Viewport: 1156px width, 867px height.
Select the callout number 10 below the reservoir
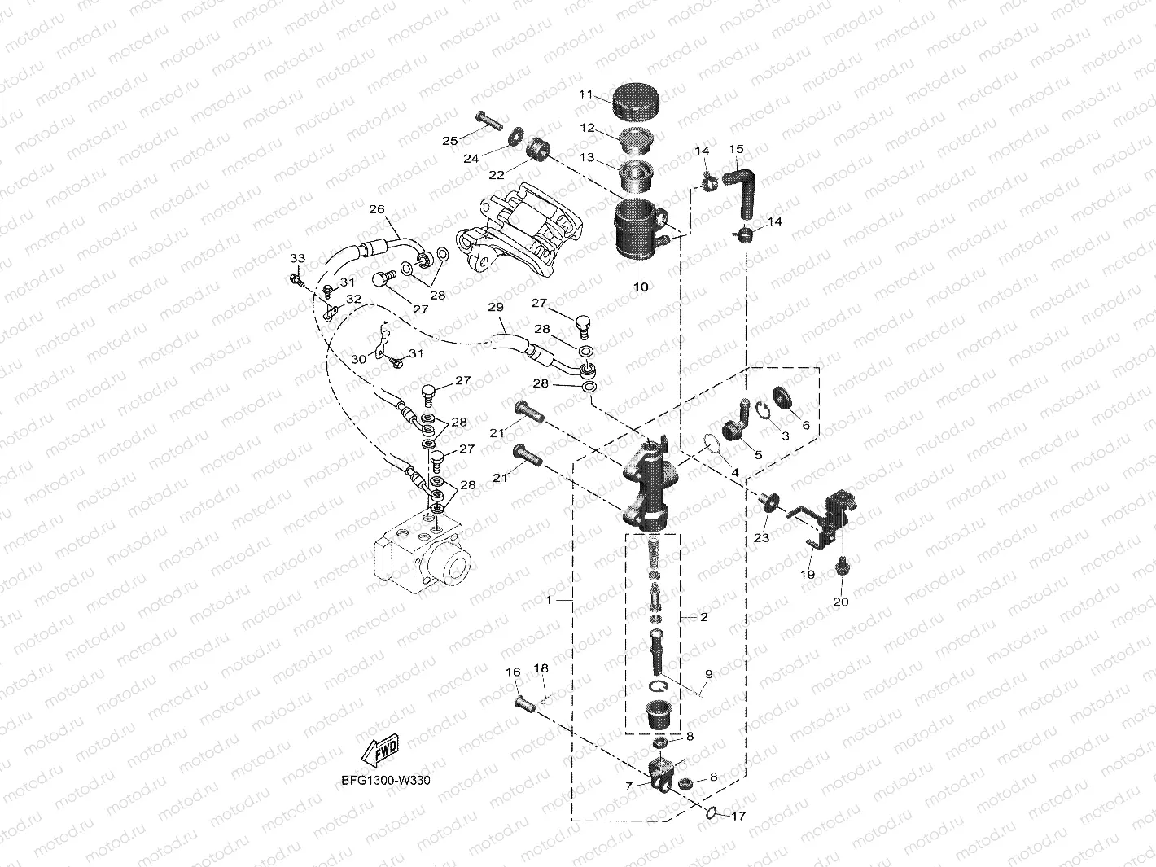pos(641,287)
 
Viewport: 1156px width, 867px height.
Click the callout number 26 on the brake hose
pos(376,209)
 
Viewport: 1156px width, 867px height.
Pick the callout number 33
pos(298,258)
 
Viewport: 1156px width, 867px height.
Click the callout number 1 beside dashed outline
pos(550,600)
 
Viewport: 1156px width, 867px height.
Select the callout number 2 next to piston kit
pos(703,616)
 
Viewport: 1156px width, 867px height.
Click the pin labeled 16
pos(522,700)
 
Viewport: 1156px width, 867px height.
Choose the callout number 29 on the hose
pos(496,307)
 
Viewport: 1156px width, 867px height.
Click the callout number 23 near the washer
pos(761,537)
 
